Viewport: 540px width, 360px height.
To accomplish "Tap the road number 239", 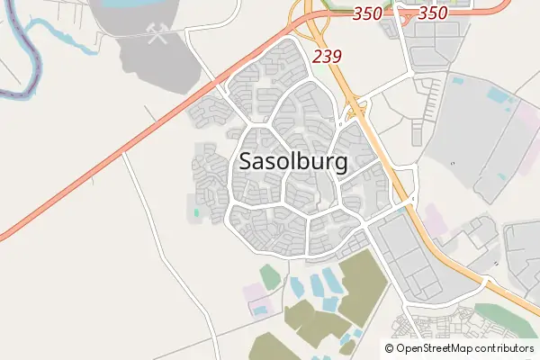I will (327, 56).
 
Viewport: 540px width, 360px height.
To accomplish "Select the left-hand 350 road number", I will (343, 13).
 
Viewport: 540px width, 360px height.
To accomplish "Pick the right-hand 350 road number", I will (433, 13).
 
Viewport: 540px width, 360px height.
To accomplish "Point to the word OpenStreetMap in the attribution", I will (441, 348).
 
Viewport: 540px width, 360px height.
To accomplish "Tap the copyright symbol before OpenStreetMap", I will (390, 348).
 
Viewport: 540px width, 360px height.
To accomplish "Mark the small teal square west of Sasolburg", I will (195, 213).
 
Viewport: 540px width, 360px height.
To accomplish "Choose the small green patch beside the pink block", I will (269, 276).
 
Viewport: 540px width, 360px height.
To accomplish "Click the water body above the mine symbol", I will (135, 4).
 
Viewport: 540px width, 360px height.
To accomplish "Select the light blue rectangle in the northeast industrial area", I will (497, 93).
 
